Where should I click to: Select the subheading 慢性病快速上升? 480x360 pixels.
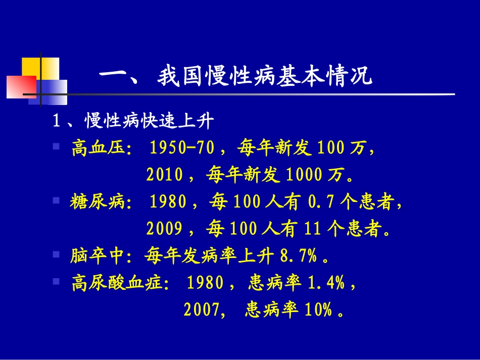click(x=150, y=122)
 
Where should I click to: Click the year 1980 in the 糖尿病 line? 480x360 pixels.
click(x=168, y=202)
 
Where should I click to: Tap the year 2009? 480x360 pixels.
click(x=164, y=229)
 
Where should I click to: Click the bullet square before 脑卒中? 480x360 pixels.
click(x=56, y=255)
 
